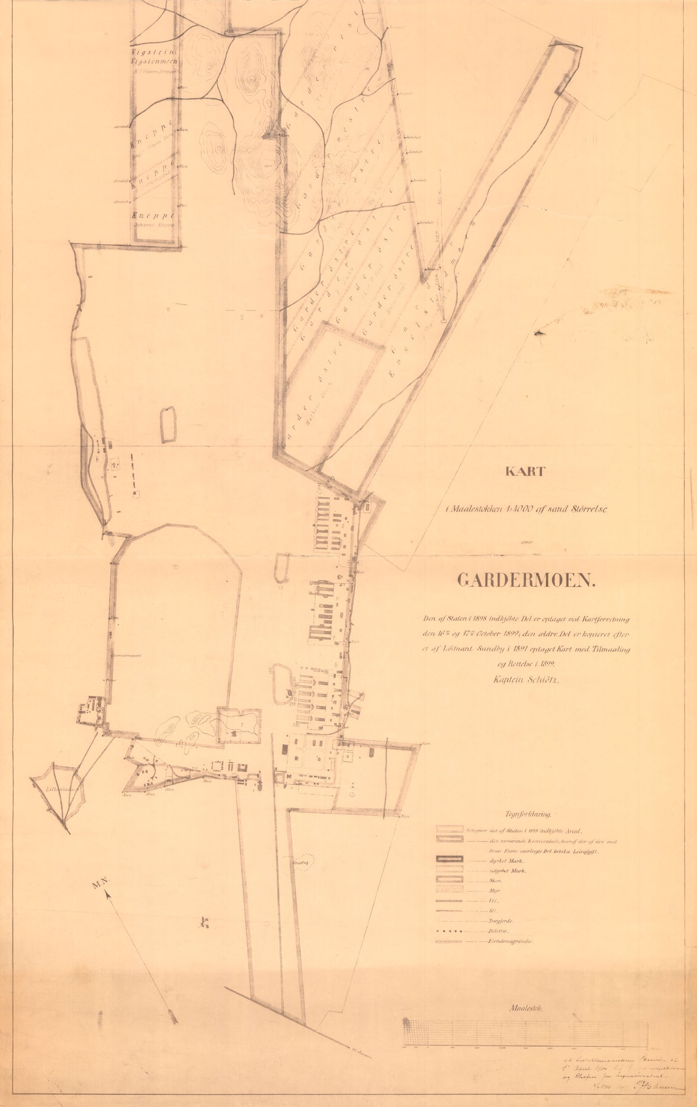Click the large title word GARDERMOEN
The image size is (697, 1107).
click(526, 580)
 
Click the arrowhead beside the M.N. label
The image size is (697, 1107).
click(109, 894)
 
